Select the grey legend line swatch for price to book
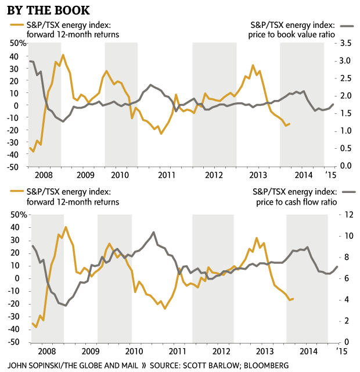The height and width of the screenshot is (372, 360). click(346, 26)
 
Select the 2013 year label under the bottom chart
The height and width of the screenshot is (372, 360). click(264, 352)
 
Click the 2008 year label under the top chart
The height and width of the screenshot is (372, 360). click(42, 174)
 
